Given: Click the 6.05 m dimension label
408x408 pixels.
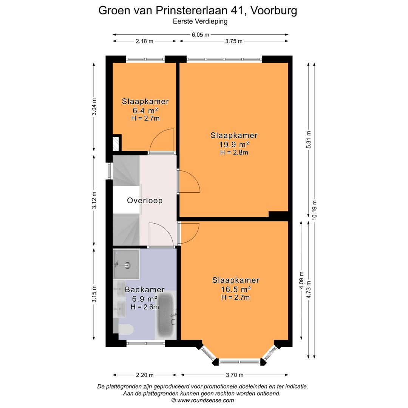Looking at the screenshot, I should tap(200, 35).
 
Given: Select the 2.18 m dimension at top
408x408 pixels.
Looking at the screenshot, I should tap(144, 41).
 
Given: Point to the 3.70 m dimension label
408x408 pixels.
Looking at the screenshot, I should tap(234, 375).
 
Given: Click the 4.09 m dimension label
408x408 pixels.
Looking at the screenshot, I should tap(301, 280).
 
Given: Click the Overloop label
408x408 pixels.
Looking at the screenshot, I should tap(145, 201).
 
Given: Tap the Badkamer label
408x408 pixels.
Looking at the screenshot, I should tap(145, 290).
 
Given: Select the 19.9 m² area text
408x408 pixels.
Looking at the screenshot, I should tap(234, 144).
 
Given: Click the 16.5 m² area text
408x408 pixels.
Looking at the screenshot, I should tap(236, 289).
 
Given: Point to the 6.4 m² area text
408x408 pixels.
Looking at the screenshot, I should tap(145, 110).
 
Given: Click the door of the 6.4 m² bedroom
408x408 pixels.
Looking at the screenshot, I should tap(162, 141).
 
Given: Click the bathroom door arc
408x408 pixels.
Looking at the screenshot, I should tap(161, 235).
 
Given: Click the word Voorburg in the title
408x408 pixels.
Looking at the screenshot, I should tap(274, 10).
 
